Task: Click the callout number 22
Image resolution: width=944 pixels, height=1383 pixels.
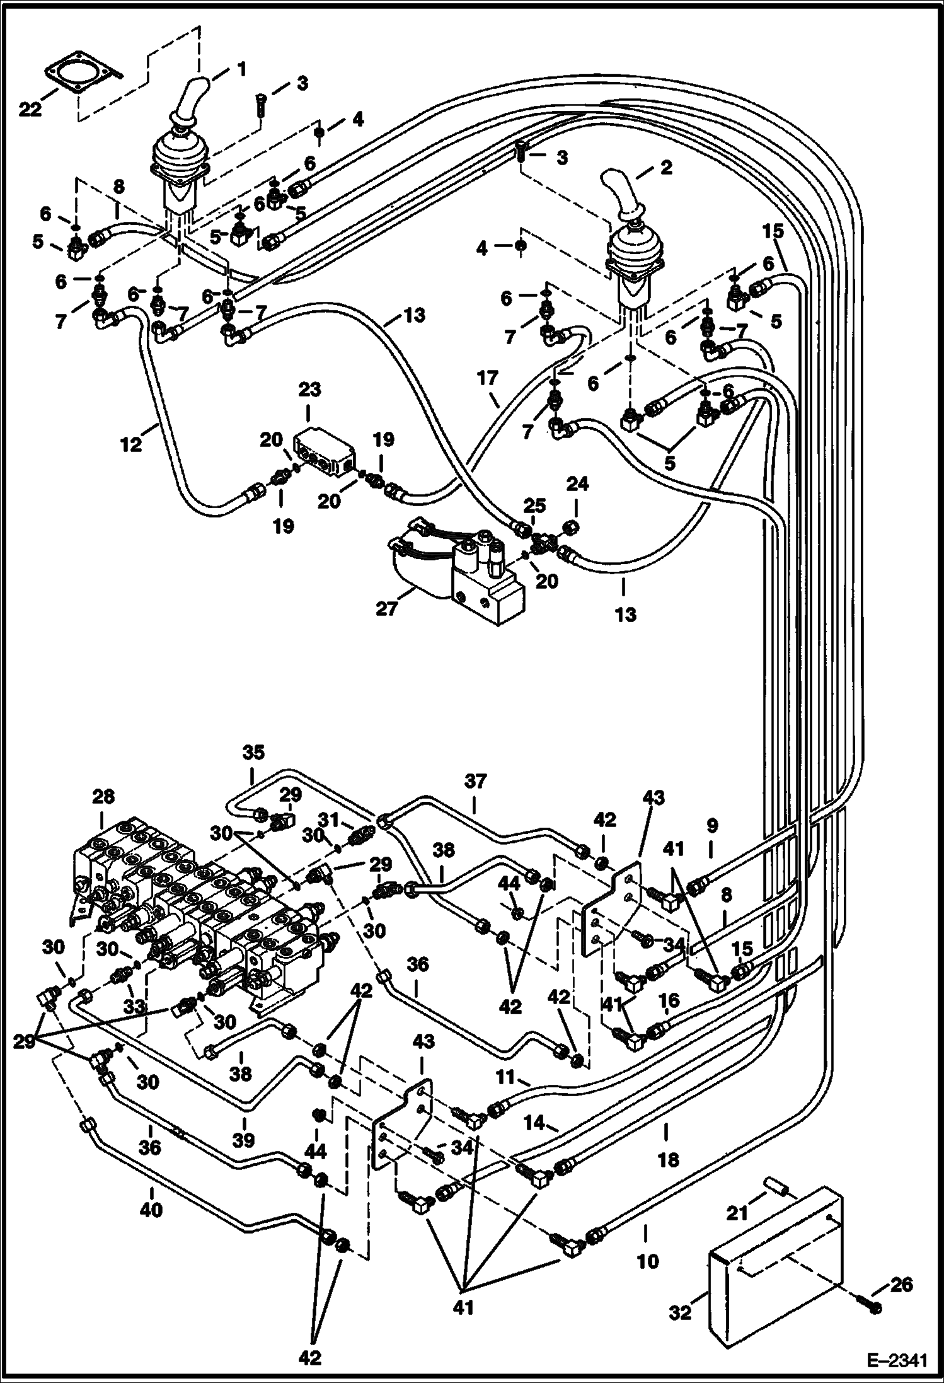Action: click(x=30, y=110)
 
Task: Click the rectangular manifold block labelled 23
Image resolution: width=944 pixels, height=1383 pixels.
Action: click(x=324, y=449)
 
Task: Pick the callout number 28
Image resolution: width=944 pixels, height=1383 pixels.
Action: click(x=103, y=797)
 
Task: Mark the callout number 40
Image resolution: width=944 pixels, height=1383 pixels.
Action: click(x=151, y=1210)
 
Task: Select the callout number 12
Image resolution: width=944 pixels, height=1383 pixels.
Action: click(x=131, y=444)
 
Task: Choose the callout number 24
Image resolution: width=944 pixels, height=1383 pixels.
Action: click(x=577, y=484)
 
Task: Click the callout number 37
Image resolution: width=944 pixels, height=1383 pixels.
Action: click(x=476, y=782)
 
